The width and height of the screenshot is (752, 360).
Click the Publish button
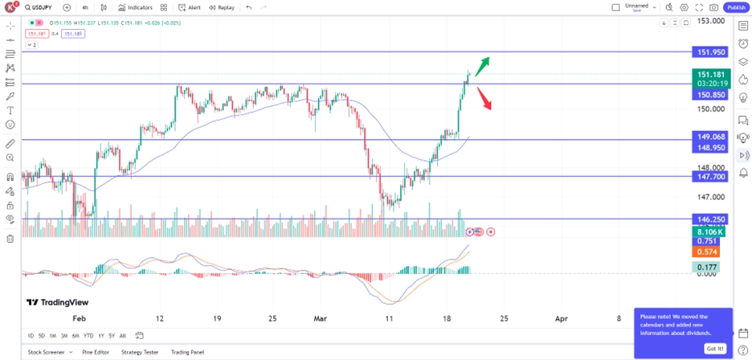pyautogui.click(x=736, y=7)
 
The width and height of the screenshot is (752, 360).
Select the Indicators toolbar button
pyautogui.click(x=135, y=7)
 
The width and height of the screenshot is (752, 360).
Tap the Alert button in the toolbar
pyautogui.click(x=190, y=7)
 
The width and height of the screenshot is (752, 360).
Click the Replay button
pyautogui.click(x=222, y=7)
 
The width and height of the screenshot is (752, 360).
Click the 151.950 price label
pyautogui.click(x=711, y=51)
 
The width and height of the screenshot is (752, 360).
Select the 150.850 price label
pyautogui.click(x=711, y=95)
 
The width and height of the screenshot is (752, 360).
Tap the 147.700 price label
pyautogui.click(x=711, y=176)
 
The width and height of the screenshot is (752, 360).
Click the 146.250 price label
pyautogui.click(x=711, y=219)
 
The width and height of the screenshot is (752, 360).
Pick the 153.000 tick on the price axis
pyautogui.click(x=711, y=21)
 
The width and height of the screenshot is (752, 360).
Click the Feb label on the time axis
pyautogui.click(x=79, y=318)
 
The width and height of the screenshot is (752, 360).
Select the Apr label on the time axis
pyautogui.click(x=562, y=318)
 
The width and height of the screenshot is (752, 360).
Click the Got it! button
pyautogui.click(x=714, y=349)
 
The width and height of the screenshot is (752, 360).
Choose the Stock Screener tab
pyautogui.click(x=47, y=352)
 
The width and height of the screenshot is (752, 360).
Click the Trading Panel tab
pyautogui.click(x=187, y=352)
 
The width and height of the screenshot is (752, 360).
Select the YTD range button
pyautogui.click(x=88, y=336)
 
